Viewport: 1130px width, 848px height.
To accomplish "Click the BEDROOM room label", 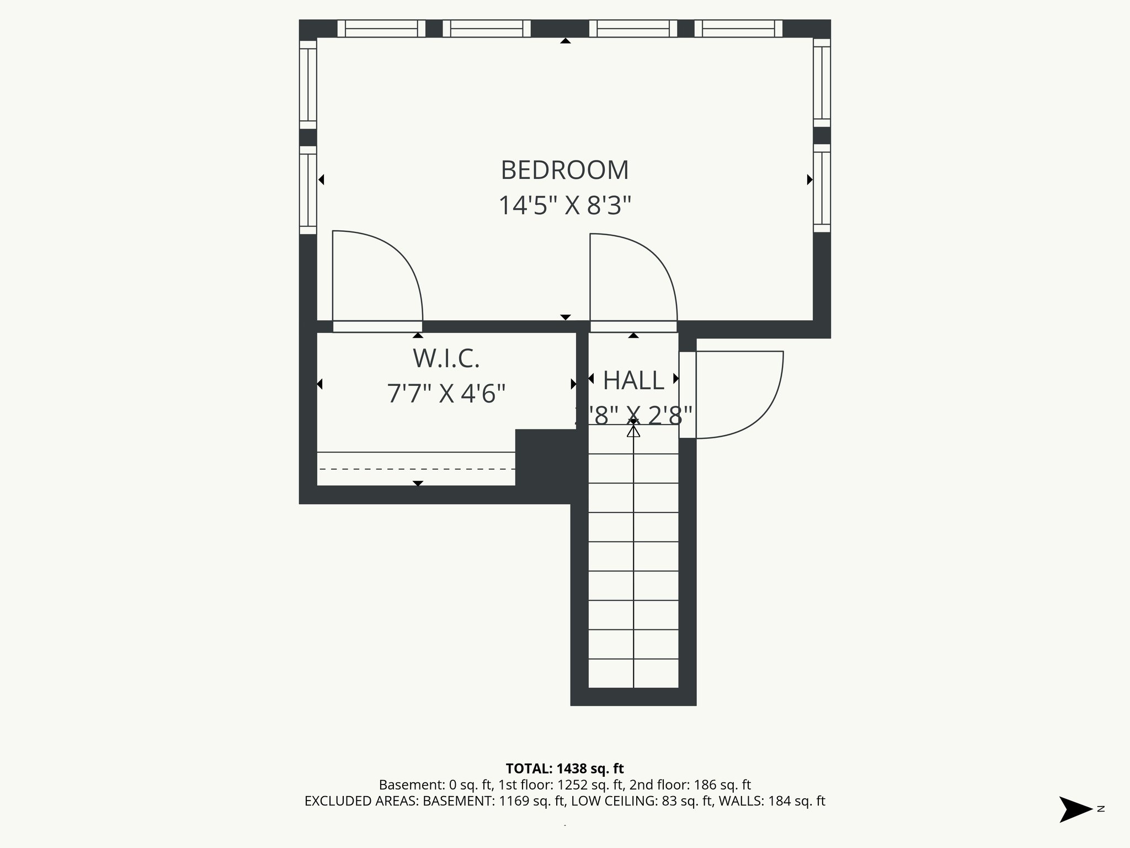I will click(x=564, y=170).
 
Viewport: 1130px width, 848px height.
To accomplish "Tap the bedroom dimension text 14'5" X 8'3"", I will click(x=564, y=205).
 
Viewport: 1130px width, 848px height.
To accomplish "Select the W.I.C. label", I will click(x=446, y=359).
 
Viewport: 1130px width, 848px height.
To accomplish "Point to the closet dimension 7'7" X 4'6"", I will click(x=446, y=394).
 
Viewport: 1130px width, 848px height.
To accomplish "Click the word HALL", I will click(x=633, y=380).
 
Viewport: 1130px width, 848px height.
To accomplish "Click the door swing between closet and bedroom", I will click(x=386, y=271).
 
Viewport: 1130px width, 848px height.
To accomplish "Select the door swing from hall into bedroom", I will click(x=640, y=273).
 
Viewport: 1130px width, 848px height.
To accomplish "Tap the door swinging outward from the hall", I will click(x=745, y=395).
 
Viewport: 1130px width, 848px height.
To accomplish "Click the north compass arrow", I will click(x=1075, y=809).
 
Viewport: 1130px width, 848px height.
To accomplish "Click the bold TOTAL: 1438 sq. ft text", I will click(x=564, y=768).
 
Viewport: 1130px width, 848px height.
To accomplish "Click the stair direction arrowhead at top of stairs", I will click(x=633, y=431).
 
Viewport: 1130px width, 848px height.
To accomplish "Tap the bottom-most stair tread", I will click(x=633, y=674).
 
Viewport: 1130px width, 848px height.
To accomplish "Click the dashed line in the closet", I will click(x=417, y=469).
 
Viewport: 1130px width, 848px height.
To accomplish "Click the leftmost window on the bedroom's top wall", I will click(x=381, y=29).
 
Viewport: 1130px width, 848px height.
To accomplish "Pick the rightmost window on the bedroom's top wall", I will click(x=738, y=29).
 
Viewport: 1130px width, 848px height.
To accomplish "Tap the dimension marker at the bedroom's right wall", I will click(x=809, y=179).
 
